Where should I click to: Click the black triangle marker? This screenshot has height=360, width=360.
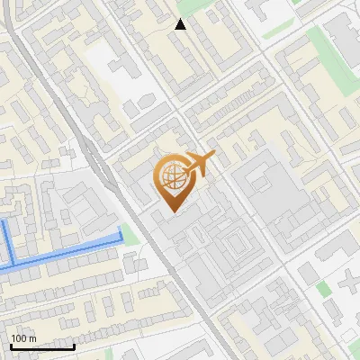(180, 24)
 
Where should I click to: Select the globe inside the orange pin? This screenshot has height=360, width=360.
(170, 179)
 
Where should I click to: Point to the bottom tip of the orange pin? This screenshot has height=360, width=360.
(170, 212)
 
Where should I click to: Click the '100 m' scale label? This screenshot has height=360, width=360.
(24, 338)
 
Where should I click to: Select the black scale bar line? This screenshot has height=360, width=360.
(42, 346)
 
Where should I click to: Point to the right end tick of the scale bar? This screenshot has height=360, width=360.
(74, 345)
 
